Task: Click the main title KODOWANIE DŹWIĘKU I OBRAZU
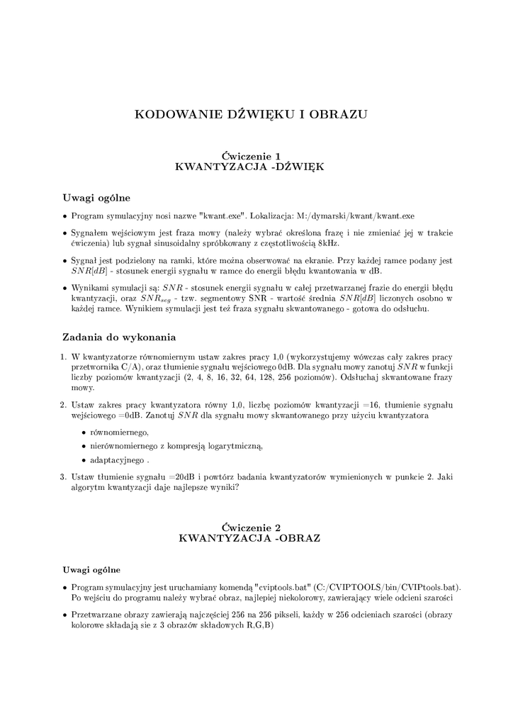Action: (252, 115)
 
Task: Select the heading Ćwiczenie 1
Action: (252, 155)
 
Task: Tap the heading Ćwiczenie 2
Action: (252, 527)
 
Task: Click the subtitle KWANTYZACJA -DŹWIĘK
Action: (252, 167)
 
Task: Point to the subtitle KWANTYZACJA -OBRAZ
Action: (252, 539)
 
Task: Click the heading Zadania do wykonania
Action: (119, 337)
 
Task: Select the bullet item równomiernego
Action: (120, 432)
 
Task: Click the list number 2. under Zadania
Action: (63, 404)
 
